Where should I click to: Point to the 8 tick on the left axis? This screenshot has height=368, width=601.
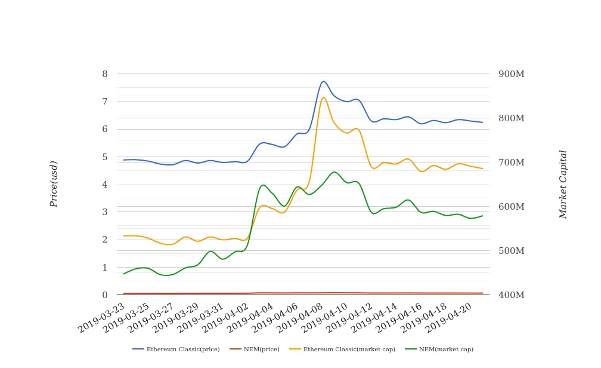[x=105, y=74]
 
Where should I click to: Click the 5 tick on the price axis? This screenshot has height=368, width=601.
[x=105, y=157]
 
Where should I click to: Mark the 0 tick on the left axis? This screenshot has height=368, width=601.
[x=105, y=295]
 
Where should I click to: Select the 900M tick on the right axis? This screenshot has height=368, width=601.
[x=511, y=74]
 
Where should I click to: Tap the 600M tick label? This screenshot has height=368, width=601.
[x=511, y=207]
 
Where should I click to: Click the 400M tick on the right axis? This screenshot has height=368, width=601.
[x=511, y=295]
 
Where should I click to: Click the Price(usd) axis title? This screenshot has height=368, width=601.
[x=54, y=184]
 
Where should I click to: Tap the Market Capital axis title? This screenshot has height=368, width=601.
[x=563, y=184]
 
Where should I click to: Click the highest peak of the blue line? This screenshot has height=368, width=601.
[x=323, y=81]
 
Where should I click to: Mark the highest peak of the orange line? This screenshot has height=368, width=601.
[x=323, y=97]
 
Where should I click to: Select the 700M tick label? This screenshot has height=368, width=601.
[x=511, y=162]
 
